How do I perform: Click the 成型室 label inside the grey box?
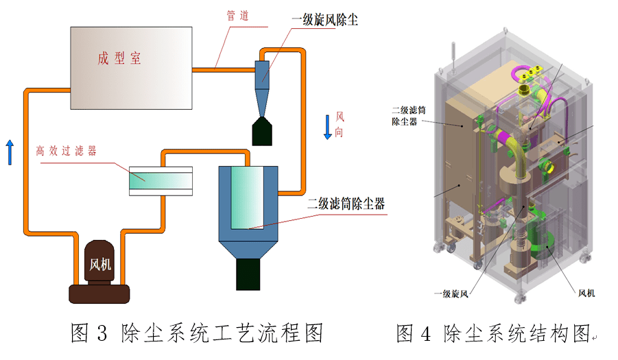(x=119, y=58)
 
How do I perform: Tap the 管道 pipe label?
(x=238, y=16)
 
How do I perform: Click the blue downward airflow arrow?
(x=328, y=126)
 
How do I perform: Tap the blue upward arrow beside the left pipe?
(x=10, y=152)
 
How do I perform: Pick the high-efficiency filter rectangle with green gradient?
(x=161, y=180)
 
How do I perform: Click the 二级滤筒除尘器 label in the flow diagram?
(x=346, y=204)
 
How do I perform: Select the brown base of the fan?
(x=99, y=293)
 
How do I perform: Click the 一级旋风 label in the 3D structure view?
(x=451, y=293)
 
